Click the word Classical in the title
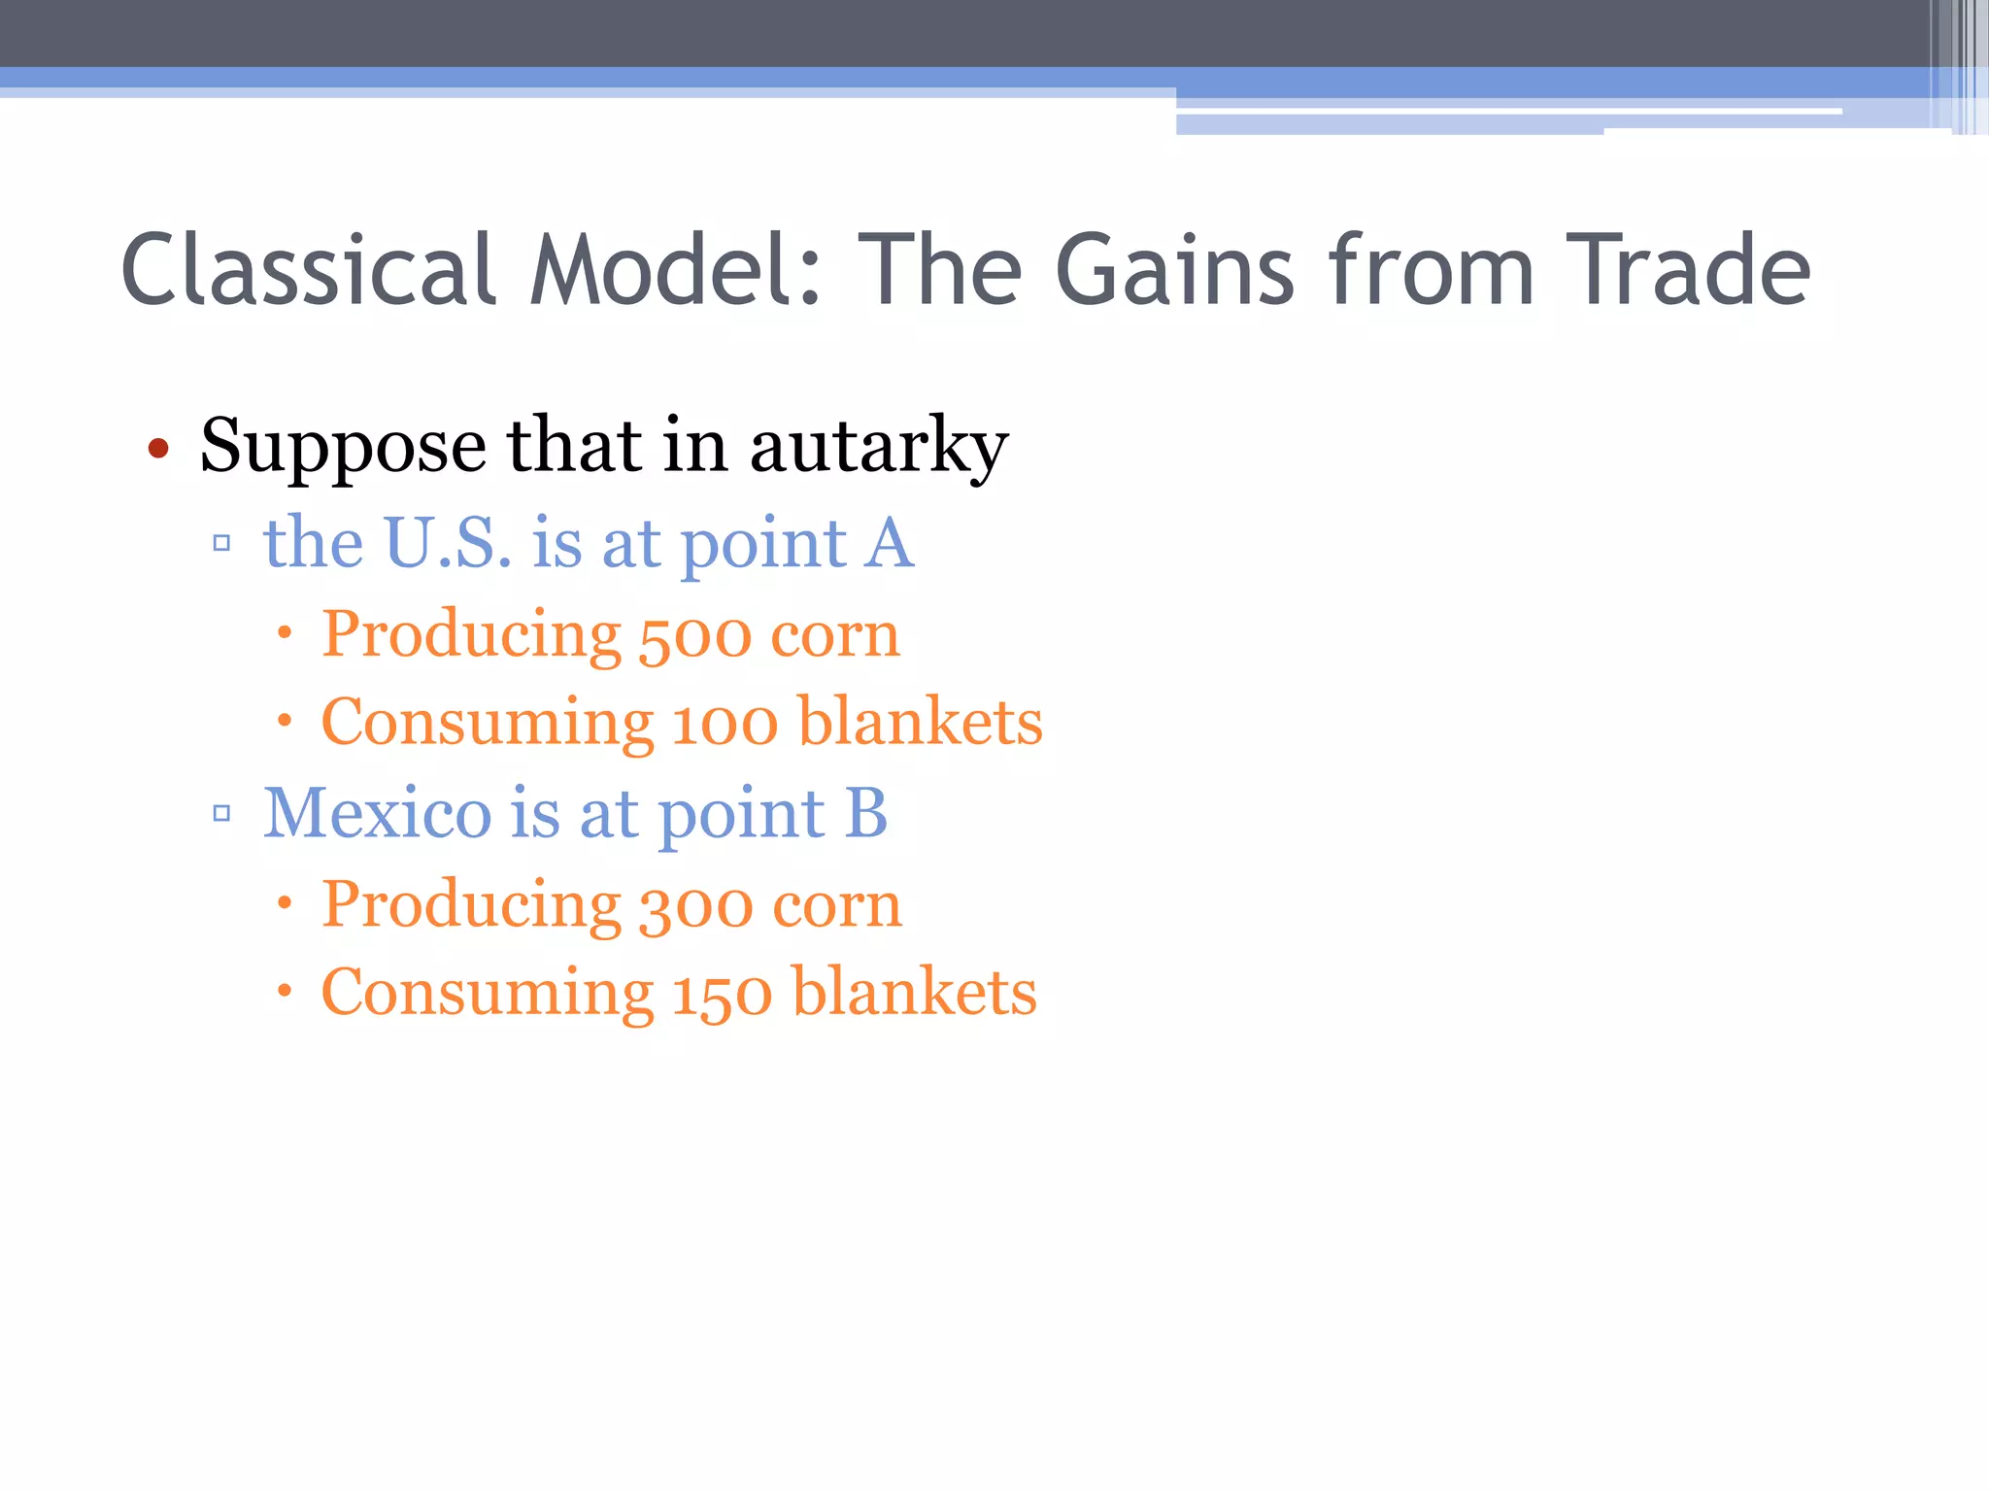pos(309,270)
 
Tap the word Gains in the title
pos(1174,270)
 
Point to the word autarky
pos(879,447)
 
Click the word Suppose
pos(343,447)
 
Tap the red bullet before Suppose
pos(158,449)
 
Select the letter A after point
pos(890,542)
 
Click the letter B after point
pos(865,812)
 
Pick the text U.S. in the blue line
pos(448,542)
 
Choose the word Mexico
pos(378,812)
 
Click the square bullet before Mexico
pos(221,813)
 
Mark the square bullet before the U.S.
pos(221,543)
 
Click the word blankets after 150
pos(915,993)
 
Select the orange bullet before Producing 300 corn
pos(284,904)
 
